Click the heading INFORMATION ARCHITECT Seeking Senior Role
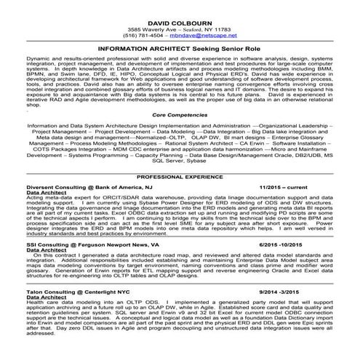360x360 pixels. point(179,47)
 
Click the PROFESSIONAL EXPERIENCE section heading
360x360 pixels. point(179,177)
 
